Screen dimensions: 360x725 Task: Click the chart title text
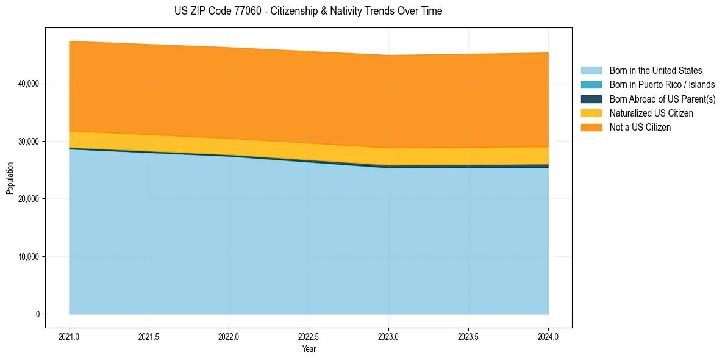click(x=308, y=11)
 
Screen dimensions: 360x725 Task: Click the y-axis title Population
click(x=10, y=178)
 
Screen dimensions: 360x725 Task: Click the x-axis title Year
click(x=309, y=349)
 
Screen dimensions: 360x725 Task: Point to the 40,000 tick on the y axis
click(x=28, y=84)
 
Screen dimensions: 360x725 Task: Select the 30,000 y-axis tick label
click(x=28, y=142)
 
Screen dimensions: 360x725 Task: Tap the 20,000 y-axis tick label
click(x=28, y=199)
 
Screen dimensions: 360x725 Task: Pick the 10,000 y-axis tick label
click(x=28, y=257)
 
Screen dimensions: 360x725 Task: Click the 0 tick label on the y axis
click(x=37, y=314)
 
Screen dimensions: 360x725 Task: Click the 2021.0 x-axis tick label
click(x=69, y=335)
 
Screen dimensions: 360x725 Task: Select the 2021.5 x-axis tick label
click(x=149, y=335)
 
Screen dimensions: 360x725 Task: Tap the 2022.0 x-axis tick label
click(x=229, y=335)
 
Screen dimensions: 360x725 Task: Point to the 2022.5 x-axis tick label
click(x=309, y=335)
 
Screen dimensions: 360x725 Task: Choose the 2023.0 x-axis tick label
click(x=388, y=335)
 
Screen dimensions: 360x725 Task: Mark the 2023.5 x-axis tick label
click(x=468, y=335)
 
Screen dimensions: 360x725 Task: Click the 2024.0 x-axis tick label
click(x=548, y=335)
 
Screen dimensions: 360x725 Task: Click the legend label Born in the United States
click(x=655, y=71)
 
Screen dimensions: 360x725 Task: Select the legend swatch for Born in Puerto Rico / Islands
click(x=591, y=85)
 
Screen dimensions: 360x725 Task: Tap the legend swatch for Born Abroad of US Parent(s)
click(x=591, y=99)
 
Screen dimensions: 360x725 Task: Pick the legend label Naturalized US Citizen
click(x=651, y=113)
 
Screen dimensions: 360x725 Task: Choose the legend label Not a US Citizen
click(x=640, y=128)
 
